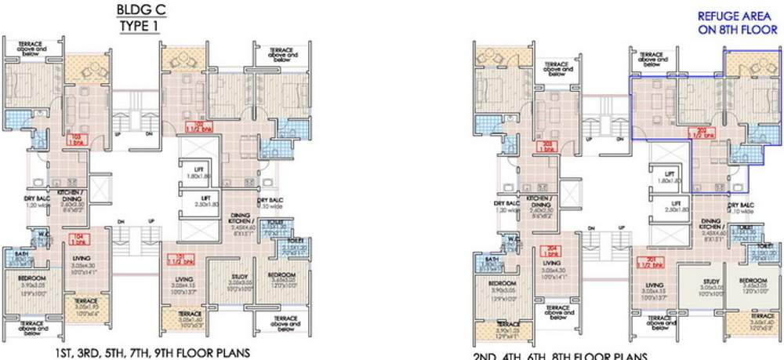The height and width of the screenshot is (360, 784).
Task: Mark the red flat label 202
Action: click(x=699, y=133)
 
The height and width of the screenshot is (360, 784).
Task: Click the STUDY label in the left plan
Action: click(x=238, y=277)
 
